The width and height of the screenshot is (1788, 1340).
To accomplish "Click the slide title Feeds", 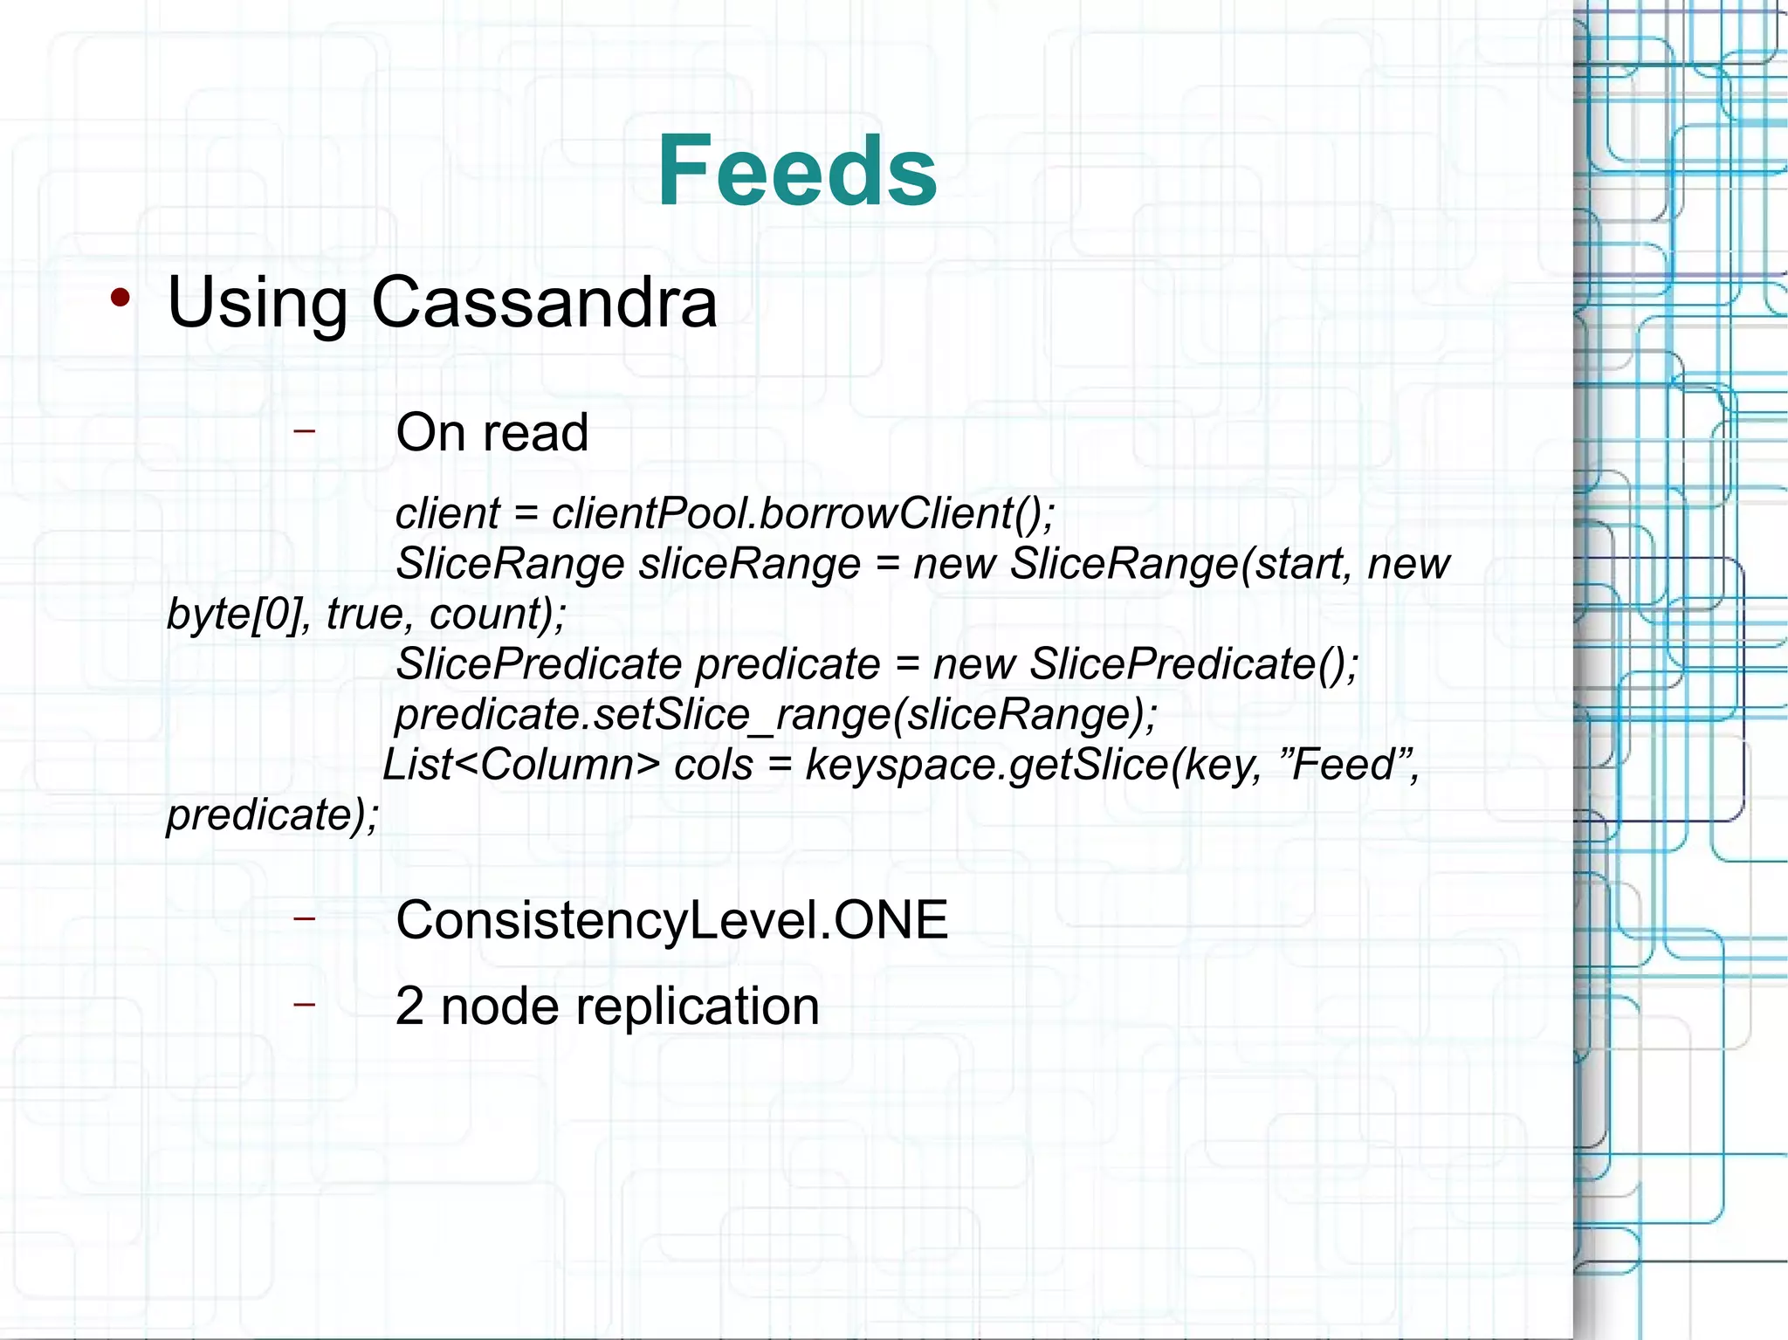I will pyautogui.click(x=797, y=170).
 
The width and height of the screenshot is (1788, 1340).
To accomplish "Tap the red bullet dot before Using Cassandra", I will pyautogui.click(x=120, y=299).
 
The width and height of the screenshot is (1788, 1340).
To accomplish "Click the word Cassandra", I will pyautogui.click(x=544, y=302).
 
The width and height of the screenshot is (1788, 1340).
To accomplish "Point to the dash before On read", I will pyautogui.click(x=304, y=429).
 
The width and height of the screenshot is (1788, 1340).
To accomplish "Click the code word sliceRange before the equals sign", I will pyautogui.click(x=750, y=564).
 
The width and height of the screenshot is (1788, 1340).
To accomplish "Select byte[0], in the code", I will pyautogui.click(x=239, y=614).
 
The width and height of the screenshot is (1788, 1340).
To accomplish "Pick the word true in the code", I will pyautogui.click(x=364, y=614).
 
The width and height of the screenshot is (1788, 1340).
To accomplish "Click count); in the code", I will pyautogui.click(x=497, y=614).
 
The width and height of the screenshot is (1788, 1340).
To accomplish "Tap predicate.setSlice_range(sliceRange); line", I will pyautogui.click(x=776, y=714).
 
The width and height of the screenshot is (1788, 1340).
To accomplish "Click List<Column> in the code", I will pyautogui.click(x=521, y=765).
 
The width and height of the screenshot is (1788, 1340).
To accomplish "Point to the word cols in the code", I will pyautogui.click(x=713, y=765).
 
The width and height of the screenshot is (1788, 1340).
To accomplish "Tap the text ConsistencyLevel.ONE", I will pyautogui.click(x=671, y=920).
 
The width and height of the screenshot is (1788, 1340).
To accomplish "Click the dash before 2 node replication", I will pyautogui.click(x=304, y=1005).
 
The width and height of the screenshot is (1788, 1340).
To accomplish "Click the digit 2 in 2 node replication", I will pyautogui.click(x=409, y=1007).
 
